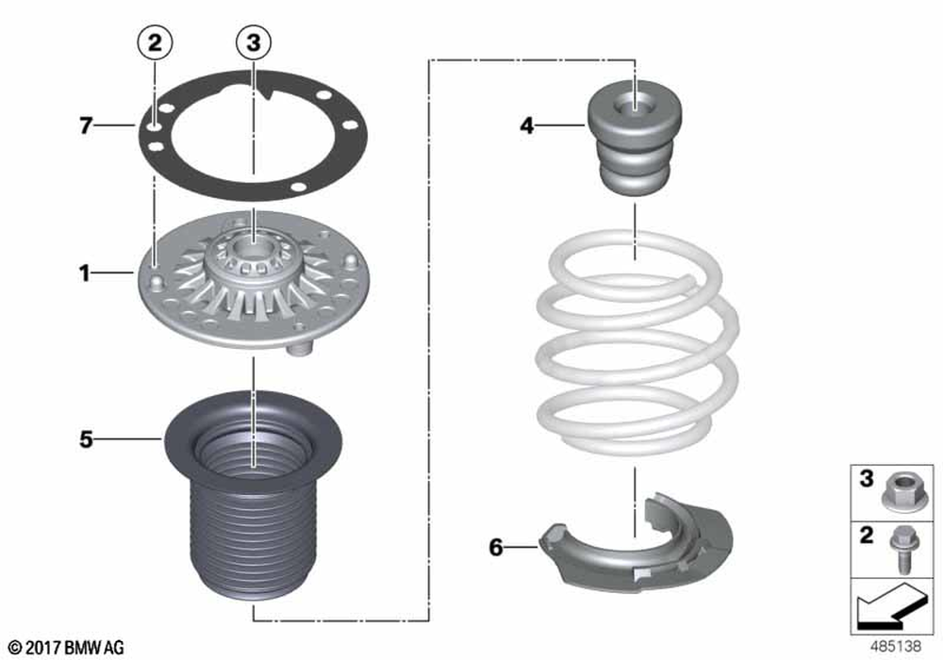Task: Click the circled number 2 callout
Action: (x=156, y=42)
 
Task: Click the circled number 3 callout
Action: (x=254, y=42)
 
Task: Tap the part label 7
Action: (x=87, y=125)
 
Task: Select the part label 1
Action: (x=85, y=273)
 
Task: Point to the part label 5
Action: (x=87, y=439)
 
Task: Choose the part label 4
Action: (x=527, y=125)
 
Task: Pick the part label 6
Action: (x=496, y=548)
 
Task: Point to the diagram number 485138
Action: (x=896, y=646)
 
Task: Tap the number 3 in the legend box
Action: (x=866, y=479)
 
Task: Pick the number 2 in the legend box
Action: (x=866, y=535)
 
